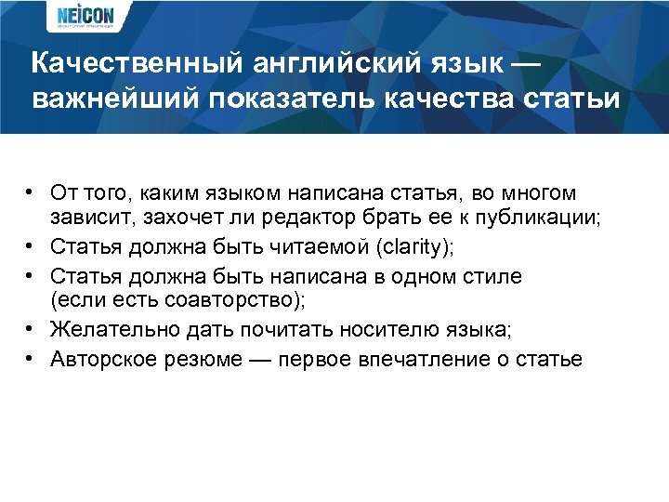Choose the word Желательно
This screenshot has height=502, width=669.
(104, 330)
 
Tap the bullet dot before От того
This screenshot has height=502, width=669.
(30, 192)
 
